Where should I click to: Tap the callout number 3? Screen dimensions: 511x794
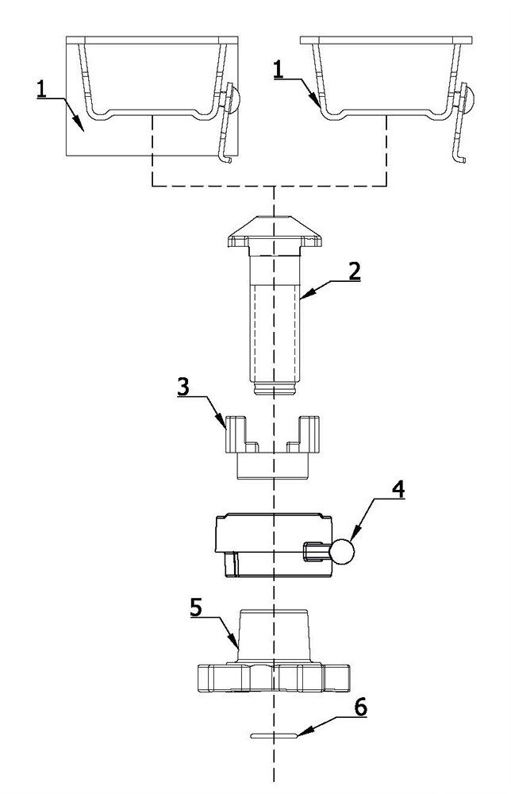[x=183, y=387]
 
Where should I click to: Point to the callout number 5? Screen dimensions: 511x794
[x=196, y=607]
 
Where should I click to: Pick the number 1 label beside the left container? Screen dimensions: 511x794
[x=42, y=91]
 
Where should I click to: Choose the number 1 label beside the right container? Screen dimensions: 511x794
[x=278, y=69]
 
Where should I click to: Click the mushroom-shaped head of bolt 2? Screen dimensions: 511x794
[x=275, y=231]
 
